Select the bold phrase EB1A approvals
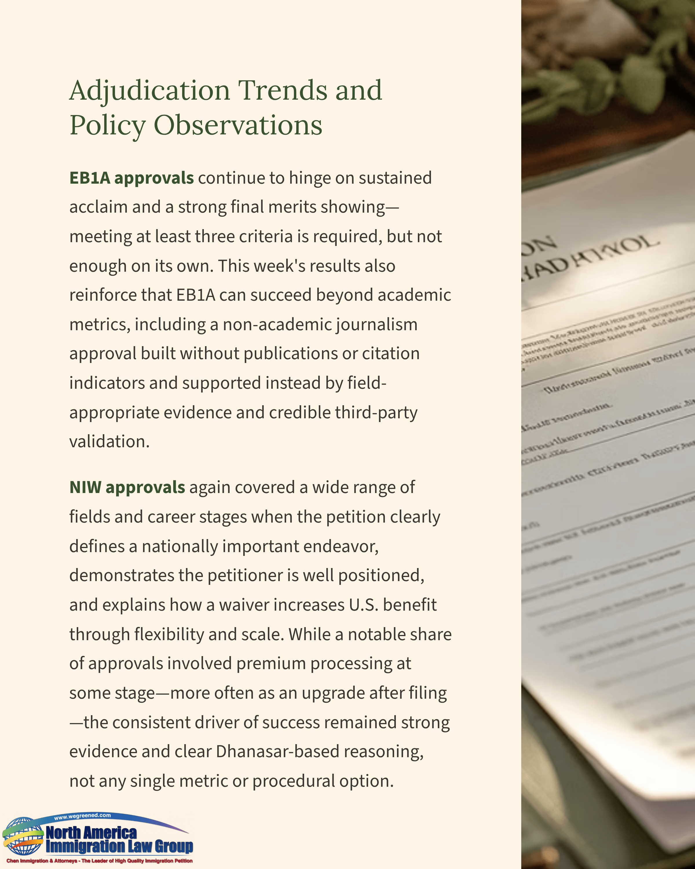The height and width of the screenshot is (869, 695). pyautogui.click(x=131, y=178)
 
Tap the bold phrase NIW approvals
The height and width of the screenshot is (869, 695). pyautogui.click(x=127, y=487)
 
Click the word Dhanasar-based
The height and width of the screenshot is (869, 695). pyautogui.click(x=277, y=752)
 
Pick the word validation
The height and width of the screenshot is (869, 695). pyautogui.click(x=109, y=441)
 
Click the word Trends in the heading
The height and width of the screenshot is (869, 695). pyautogui.click(x=283, y=90)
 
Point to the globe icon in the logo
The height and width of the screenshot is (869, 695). pyautogui.click(x=23, y=836)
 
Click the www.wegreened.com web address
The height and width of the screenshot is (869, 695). pyautogui.click(x=82, y=816)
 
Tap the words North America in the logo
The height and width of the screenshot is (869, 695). pyautogui.click(x=91, y=832)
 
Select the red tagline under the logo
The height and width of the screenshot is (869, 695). pyautogui.click(x=99, y=861)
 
